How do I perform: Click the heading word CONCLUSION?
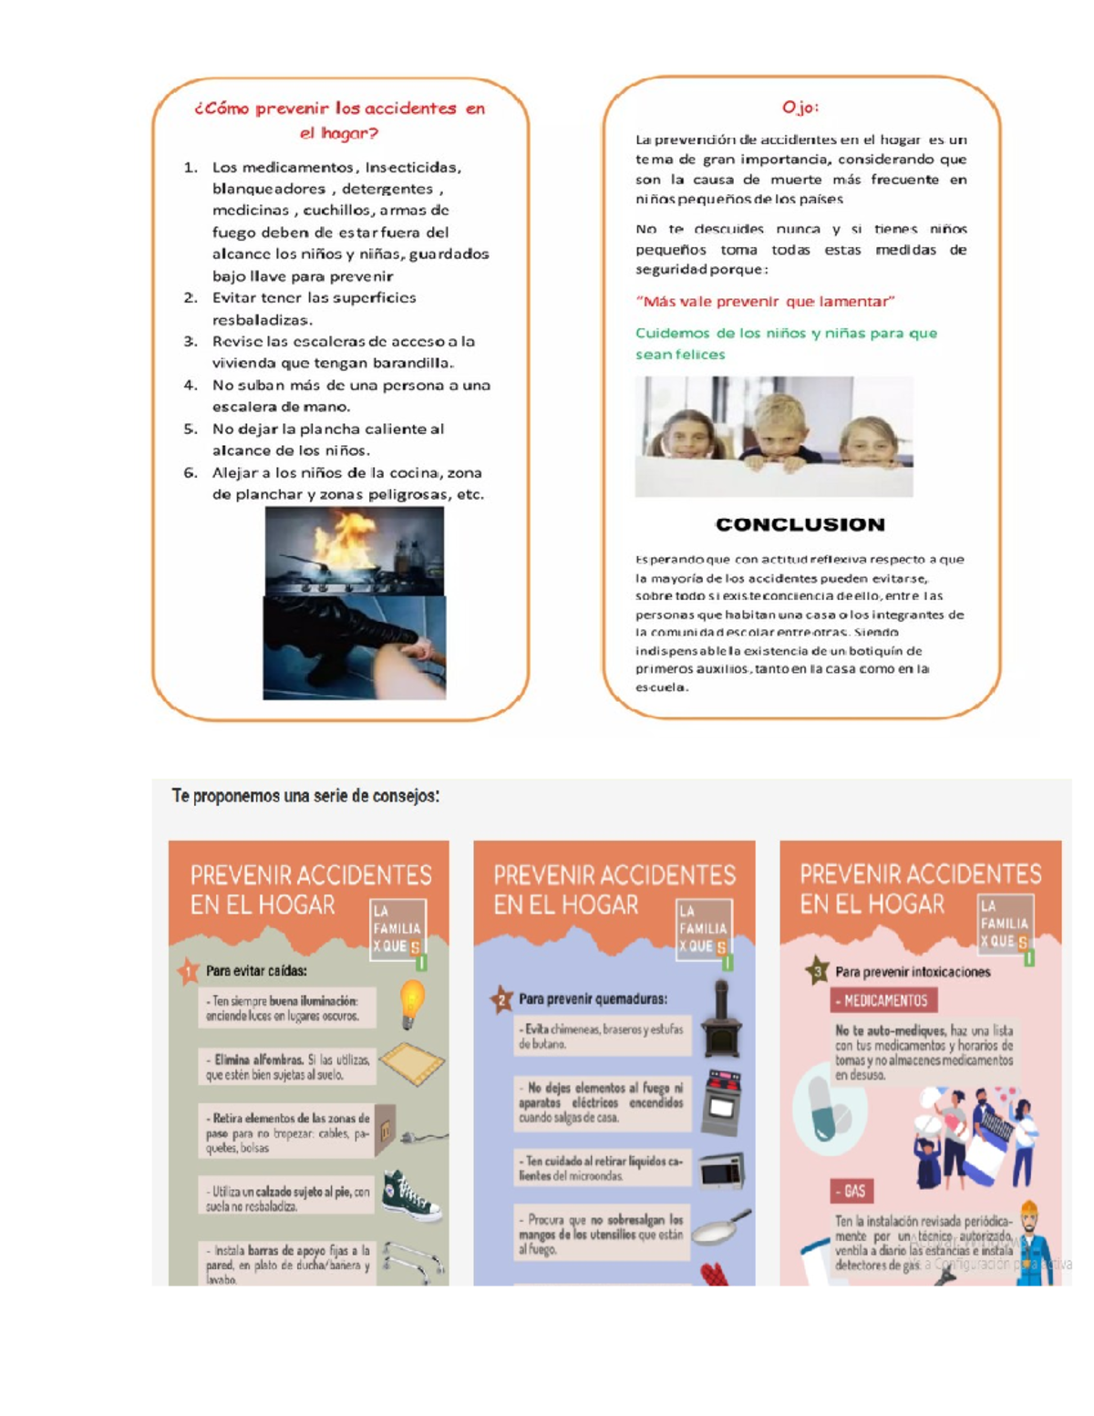(x=800, y=524)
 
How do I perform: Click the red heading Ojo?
(x=800, y=108)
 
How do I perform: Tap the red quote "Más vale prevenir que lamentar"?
(x=765, y=302)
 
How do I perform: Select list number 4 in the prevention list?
(x=190, y=386)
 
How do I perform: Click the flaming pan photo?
(x=354, y=551)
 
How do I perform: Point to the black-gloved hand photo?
(x=354, y=648)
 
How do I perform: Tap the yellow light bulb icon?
(x=412, y=1001)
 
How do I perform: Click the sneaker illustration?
(x=411, y=1194)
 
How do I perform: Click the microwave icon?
(x=722, y=1171)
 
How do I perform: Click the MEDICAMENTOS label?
(x=883, y=1000)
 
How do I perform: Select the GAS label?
(x=852, y=1191)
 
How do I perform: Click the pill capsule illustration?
(x=827, y=1110)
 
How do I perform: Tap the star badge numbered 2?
(x=501, y=999)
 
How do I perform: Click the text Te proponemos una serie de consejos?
(x=305, y=796)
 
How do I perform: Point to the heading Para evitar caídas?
(x=256, y=971)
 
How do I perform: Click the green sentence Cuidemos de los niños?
(x=785, y=344)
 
